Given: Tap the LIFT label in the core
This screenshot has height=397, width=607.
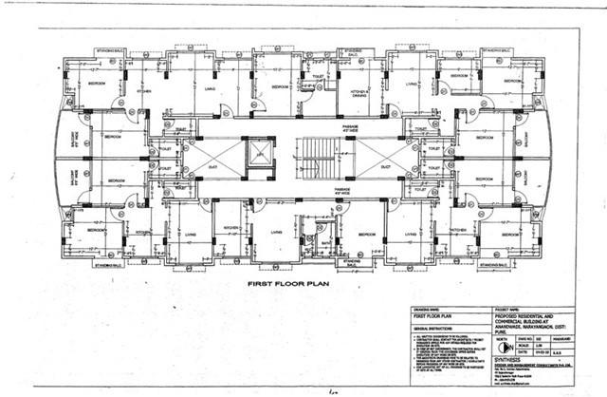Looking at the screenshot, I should point(257,153).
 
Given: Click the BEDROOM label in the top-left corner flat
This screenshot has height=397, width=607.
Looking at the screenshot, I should point(97,84).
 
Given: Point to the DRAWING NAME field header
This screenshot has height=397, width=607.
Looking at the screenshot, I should point(427,309).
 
